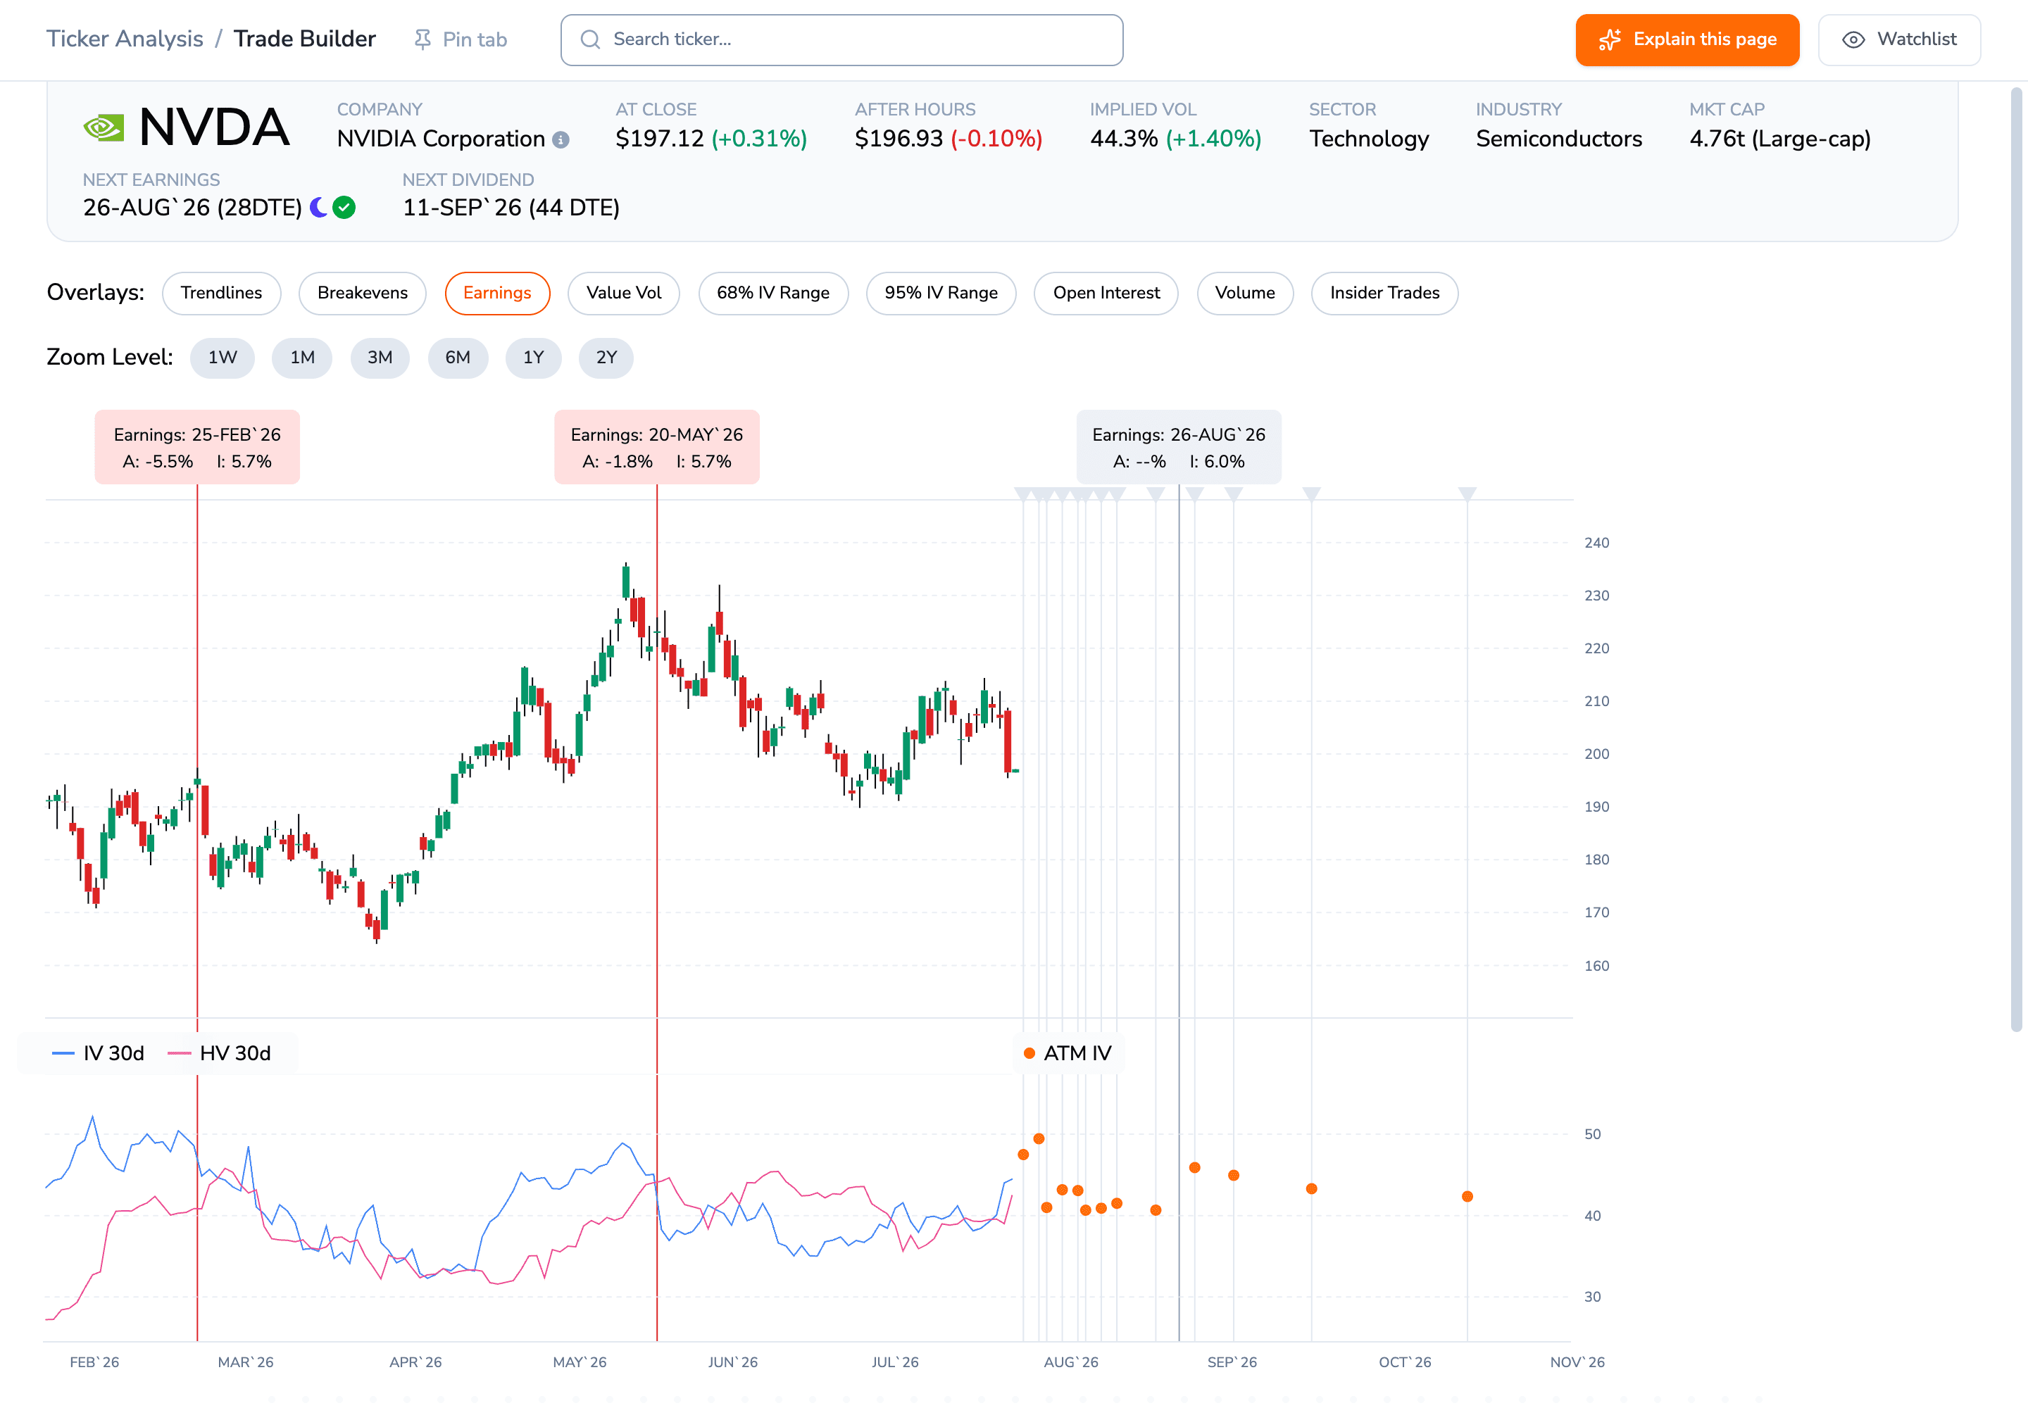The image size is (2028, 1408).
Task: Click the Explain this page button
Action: (1686, 39)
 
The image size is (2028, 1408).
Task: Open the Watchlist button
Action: (1899, 39)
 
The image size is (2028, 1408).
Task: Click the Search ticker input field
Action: (841, 39)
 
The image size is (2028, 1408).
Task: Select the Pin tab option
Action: (461, 39)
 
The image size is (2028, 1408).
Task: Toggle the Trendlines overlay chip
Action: (222, 293)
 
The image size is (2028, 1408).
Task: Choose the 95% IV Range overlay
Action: (941, 293)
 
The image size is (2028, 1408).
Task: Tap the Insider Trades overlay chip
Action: (1384, 293)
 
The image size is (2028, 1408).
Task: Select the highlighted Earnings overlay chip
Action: (497, 293)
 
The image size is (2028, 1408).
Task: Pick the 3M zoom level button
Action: (380, 358)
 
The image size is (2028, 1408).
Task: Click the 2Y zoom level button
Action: (606, 358)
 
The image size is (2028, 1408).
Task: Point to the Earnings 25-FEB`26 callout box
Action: (196, 447)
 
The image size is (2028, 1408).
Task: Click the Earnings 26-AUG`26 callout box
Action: (1178, 447)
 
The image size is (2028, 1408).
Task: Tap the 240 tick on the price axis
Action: (1596, 543)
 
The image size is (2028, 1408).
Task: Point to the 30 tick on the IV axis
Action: (1592, 1297)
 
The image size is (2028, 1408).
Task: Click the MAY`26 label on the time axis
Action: (579, 1362)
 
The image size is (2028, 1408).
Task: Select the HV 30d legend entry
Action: (219, 1053)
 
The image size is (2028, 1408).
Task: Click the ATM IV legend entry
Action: (1067, 1053)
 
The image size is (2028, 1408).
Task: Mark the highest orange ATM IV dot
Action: (1039, 1139)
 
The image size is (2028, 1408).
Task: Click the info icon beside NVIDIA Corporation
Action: (561, 139)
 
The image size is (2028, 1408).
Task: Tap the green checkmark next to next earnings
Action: (344, 207)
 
